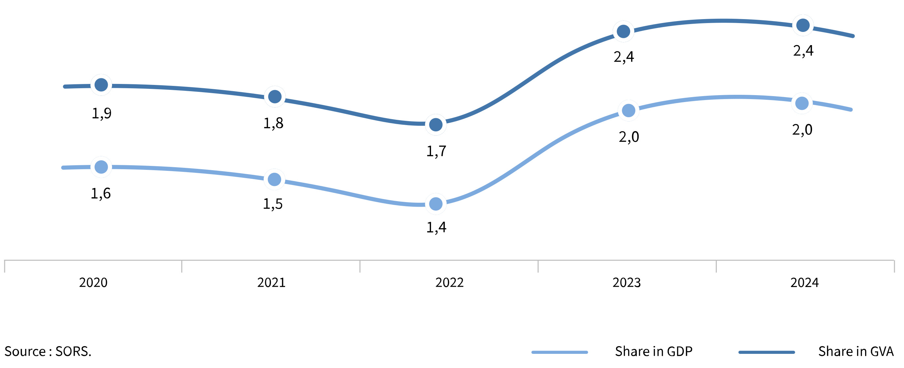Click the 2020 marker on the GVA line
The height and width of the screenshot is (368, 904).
tap(101, 85)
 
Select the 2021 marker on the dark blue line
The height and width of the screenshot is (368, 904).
tap(275, 97)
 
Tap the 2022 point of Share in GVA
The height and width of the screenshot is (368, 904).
tap(435, 124)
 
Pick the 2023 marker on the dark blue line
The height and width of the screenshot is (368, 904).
tap(623, 32)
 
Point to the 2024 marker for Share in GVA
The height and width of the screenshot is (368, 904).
tap(803, 25)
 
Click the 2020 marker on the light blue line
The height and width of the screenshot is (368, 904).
tap(101, 167)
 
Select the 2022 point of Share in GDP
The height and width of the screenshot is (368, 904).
tap(435, 204)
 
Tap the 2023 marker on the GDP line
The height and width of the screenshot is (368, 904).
tap(628, 110)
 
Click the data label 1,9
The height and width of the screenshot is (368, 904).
tap(102, 113)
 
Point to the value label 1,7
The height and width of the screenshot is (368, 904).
tap(436, 151)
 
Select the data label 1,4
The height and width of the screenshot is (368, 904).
tap(436, 227)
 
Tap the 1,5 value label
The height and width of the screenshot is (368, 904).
tap(273, 204)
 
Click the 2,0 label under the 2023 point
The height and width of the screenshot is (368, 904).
tap(628, 137)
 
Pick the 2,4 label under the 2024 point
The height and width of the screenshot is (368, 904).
tap(803, 51)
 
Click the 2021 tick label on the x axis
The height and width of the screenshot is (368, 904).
tap(271, 282)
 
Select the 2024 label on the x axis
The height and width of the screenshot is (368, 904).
tap(804, 282)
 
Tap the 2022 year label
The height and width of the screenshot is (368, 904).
tap(449, 282)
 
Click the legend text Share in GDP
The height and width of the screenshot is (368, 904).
tap(654, 351)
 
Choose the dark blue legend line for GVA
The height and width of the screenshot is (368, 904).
tap(767, 352)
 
